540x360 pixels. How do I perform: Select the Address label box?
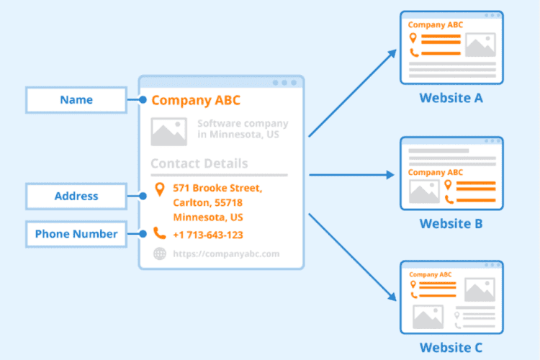(x=76, y=196)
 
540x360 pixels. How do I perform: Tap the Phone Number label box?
(x=76, y=233)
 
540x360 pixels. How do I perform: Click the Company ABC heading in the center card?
(x=196, y=100)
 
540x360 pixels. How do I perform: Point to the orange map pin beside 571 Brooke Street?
(x=159, y=189)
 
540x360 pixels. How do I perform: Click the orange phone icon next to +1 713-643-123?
(x=159, y=234)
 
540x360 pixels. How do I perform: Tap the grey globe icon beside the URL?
(x=159, y=253)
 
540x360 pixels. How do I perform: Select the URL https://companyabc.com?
(x=225, y=253)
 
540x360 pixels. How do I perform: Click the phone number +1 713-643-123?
(x=208, y=235)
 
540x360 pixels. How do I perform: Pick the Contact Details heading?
(x=199, y=163)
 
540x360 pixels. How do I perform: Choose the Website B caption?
(x=451, y=223)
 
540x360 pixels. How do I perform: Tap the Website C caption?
(x=451, y=348)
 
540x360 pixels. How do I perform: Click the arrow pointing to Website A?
(x=353, y=92)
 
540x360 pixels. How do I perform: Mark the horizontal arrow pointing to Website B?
(x=353, y=174)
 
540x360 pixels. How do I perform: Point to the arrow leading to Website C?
(x=353, y=256)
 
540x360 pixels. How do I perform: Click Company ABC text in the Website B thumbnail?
(x=436, y=172)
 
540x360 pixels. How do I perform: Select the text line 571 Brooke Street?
(x=217, y=189)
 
